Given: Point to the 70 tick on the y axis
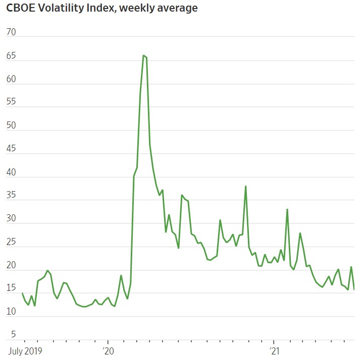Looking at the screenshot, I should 11,32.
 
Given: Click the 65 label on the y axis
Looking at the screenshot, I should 11,56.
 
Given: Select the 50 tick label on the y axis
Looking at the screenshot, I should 11,126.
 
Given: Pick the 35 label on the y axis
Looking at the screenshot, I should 11,196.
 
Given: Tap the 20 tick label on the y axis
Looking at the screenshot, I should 11,266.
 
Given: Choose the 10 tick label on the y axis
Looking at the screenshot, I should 11,312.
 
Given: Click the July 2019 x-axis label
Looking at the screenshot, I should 25,350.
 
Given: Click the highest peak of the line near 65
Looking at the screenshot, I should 143,55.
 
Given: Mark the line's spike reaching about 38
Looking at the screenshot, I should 245,186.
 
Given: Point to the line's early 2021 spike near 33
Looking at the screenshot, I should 287,209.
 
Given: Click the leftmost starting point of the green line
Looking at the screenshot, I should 22,293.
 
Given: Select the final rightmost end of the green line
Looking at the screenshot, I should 354,289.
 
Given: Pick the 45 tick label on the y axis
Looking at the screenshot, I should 11,149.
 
